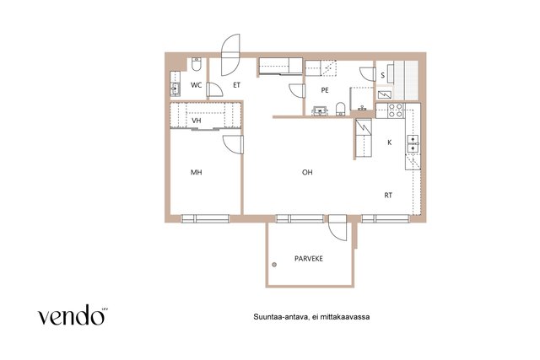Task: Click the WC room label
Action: coord(197,85)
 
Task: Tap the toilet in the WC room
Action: coord(197,64)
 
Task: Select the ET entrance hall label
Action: coord(236,85)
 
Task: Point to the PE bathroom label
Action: coord(325,90)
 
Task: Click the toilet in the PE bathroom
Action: coord(340,109)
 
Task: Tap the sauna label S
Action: coord(382,75)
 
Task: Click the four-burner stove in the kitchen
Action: coord(396,110)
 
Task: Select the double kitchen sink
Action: coord(413,143)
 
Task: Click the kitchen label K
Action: coord(390,142)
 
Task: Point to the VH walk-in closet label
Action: coord(197,121)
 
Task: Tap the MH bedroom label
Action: coord(197,172)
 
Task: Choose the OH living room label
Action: coord(307,172)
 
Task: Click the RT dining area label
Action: coord(388,195)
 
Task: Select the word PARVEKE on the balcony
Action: coord(309,259)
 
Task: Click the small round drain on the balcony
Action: coord(274,265)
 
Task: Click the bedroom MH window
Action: coord(205,218)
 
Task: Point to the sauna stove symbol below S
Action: coord(385,94)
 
